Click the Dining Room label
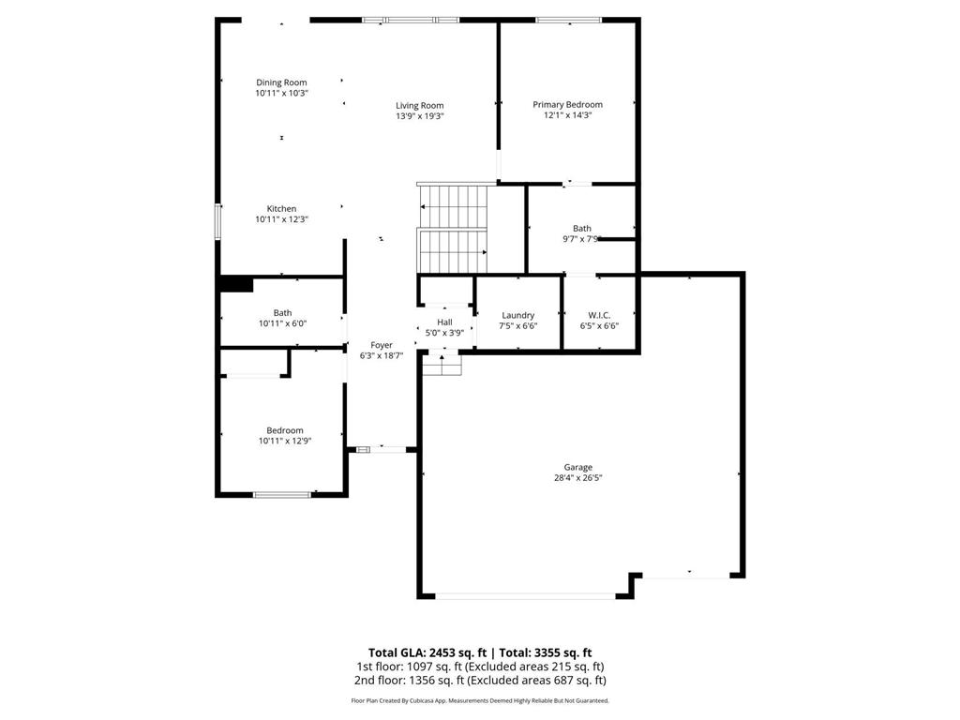click(x=281, y=82)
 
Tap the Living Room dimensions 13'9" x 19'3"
click(x=419, y=116)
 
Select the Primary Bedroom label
click(x=567, y=105)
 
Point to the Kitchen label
click(x=281, y=209)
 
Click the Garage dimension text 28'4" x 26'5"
click(x=577, y=477)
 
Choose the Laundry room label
click(x=517, y=315)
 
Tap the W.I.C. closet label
click(x=599, y=315)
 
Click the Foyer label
click(x=382, y=345)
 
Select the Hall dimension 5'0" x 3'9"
click(x=444, y=332)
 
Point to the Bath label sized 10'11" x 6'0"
click(x=282, y=313)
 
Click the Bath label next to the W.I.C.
click(x=582, y=228)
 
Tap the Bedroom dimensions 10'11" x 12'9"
click(x=285, y=441)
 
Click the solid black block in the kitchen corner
click(x=235, y=284)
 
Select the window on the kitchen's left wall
click(x=218, y=222)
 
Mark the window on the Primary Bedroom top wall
click(x=568, y=20)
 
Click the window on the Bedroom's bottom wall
click(x=282, y=494)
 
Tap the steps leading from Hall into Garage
click(x=442, y=363)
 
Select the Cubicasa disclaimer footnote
click(x=480, y=700)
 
